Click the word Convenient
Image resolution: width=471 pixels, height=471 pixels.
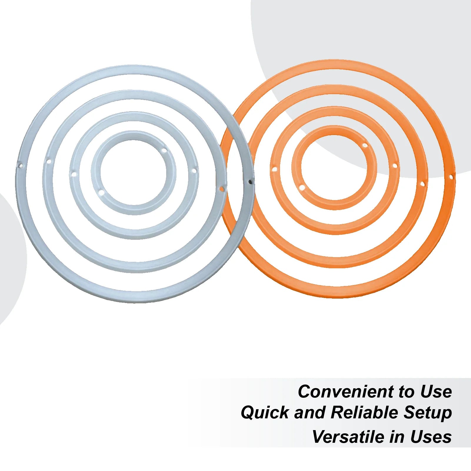point(346,392)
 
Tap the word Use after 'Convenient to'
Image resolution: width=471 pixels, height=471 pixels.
point(436,392)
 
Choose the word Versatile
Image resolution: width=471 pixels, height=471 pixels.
point(348,437)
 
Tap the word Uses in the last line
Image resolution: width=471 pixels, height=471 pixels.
point(431,437)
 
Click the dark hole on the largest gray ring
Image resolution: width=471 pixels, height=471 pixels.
point(250,182)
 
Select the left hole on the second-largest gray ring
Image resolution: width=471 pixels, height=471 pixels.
point(49,162)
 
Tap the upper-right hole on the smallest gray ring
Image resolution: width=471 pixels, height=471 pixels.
point(164,151)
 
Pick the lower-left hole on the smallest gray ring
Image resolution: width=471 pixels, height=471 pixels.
point(101,193)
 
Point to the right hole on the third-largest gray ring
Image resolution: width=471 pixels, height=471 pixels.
point(194,170)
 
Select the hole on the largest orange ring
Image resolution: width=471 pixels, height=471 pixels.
point(451,177)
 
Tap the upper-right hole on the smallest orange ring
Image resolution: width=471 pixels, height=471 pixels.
point(365,145)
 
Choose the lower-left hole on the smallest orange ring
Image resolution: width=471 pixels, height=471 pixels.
point(301,187)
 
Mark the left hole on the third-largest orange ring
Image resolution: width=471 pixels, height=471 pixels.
point(275,170)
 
